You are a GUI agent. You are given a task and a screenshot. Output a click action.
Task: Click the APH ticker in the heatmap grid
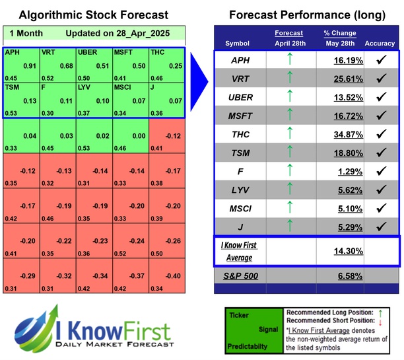tap(12, 52)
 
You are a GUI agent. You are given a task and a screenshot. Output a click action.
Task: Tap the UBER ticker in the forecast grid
tap(88, 52)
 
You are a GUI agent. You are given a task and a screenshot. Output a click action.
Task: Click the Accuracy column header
tap(380, 44)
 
